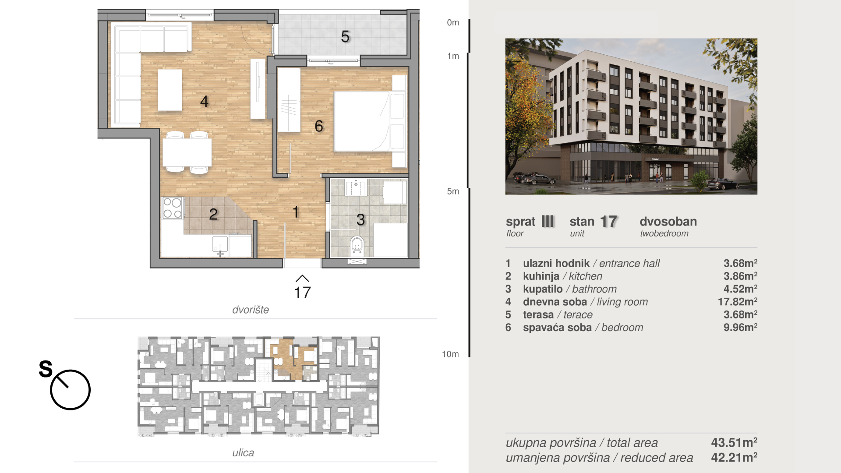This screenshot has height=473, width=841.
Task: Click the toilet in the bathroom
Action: tap(357, 245)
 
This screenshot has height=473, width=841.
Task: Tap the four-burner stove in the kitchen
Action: tap(173, 208)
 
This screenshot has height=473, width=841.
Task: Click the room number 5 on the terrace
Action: tap(345, 37)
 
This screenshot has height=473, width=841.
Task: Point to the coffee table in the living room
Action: tap(170, 90)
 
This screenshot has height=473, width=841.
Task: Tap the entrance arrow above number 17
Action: tap(302, 279)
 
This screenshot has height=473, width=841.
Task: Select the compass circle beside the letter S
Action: tap(70, 390)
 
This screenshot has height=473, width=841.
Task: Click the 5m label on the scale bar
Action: tap(453, 191)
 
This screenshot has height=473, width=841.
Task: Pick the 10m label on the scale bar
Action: tap(450, 354)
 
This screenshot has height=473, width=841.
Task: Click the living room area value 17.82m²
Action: tap(738, 302)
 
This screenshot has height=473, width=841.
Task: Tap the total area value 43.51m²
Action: tap(734, 442)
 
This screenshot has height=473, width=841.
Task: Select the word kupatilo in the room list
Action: tap(543, 289)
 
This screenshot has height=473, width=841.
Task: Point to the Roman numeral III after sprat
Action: tap(548, 221)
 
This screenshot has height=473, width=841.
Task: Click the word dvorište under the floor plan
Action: tap(251, 310)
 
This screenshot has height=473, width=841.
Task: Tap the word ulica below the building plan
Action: tap(243, 452)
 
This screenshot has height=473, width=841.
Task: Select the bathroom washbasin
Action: tap(356, 187)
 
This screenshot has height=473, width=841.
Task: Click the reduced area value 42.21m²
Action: tap(734, 458)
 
